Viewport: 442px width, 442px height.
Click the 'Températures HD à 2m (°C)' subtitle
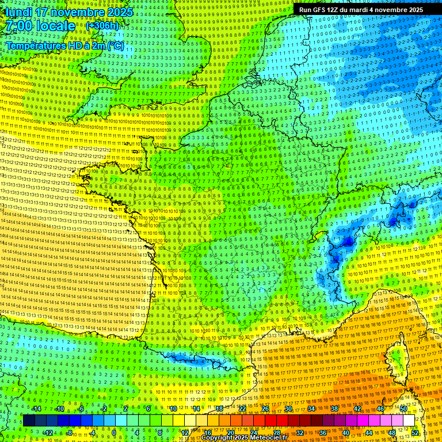point(64,45)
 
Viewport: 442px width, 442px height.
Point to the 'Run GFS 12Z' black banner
point(361,10)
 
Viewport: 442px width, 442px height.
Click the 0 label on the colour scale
point(114,432)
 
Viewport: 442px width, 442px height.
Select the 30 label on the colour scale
point(288,409)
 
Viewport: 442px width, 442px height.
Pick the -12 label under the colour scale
point(48,432)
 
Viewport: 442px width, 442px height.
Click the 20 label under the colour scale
point(230,432)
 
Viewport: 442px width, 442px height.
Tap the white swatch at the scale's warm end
point(409,421)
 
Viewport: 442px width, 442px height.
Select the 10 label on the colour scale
point(172,409)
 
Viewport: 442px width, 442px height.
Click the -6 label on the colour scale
point(81,409)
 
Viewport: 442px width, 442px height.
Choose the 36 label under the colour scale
point(322,432)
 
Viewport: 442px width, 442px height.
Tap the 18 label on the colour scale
point(219,409)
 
